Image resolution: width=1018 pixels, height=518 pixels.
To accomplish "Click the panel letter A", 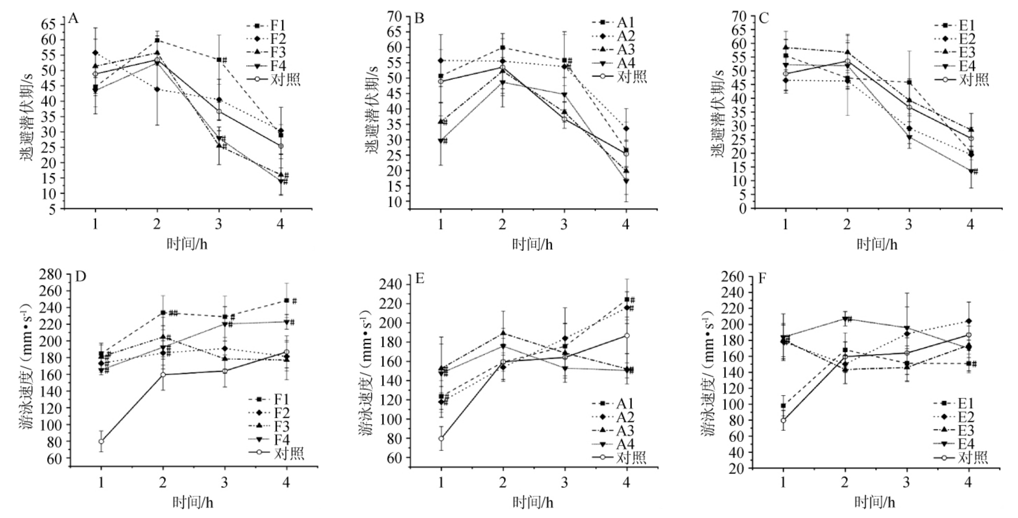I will [73, 18].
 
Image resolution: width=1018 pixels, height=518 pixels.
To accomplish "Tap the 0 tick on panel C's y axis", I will [743, 209].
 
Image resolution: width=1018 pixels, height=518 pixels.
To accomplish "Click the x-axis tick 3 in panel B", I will [564, 224].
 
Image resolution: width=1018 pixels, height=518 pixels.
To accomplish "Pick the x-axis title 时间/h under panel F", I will [875, 502].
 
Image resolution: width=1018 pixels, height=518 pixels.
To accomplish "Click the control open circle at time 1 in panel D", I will [101, 441].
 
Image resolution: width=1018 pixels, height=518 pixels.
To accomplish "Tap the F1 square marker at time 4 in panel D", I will [286, 301].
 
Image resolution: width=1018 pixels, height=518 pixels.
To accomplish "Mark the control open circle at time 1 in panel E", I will [441, 438].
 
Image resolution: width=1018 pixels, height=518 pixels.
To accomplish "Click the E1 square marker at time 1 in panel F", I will [783, 406].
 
